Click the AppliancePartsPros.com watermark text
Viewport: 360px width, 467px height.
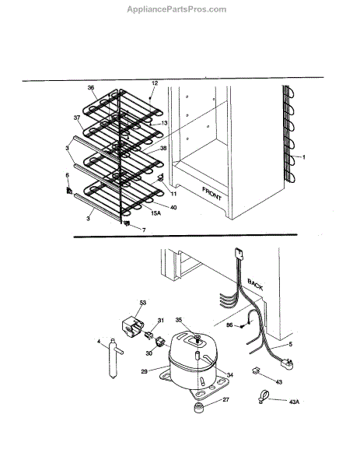point(177,9)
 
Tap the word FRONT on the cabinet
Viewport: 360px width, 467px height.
point(211,194)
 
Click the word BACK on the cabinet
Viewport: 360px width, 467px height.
point(255,284)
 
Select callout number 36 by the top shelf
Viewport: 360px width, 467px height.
point(91,87)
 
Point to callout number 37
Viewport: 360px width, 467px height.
point(77,118)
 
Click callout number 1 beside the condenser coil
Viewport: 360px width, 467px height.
point(303,157)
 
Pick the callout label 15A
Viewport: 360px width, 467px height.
point(156,213)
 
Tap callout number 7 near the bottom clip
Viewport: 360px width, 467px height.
point(144,230)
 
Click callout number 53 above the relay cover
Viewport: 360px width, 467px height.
point(143,303)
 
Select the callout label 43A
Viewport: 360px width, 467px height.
point(294,402)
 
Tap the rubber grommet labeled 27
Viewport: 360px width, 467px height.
point(198,407)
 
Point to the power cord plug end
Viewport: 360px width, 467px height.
point(286,363)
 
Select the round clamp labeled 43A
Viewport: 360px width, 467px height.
point(263,396)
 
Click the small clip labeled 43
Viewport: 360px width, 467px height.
point(256,370)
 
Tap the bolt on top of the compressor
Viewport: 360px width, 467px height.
point(197,339)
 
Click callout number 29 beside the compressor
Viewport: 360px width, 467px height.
point(145,371)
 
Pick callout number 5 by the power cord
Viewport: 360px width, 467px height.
point(291,344)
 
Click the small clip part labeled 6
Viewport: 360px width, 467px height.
point(69,191)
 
